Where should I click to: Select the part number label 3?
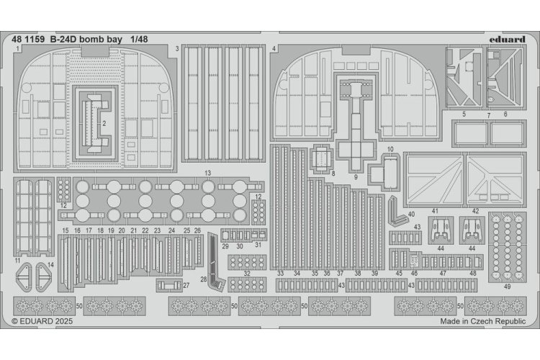[x=176, y=49]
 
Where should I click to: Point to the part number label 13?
[x=207, y=174]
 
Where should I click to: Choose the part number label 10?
[x=390, y=150]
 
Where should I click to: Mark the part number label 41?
[x=436, y=211]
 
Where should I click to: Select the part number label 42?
[x=475, y=211]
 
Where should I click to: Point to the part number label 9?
[x=356, y=176]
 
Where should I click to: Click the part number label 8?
[x=333, y=174]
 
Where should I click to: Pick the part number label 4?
[x=274, y=49]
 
